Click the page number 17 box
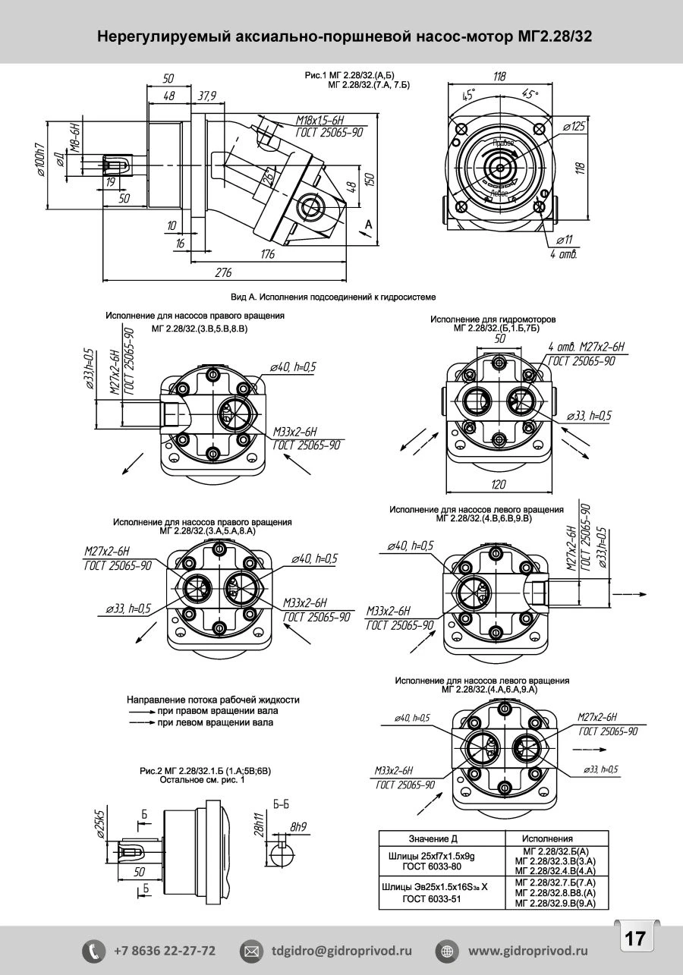[x=634, y=939]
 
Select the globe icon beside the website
[x=447, y=950]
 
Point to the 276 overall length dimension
[x=223, y=272]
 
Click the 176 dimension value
[x=267, y=255]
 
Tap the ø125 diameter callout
[x=574, y=127]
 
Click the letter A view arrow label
[x=369, y=225]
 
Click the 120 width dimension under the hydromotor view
[x=498, y=485]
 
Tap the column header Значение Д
[x=433, y=838]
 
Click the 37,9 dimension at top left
[x=206, y=96]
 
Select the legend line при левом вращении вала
[x=216, y=723]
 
